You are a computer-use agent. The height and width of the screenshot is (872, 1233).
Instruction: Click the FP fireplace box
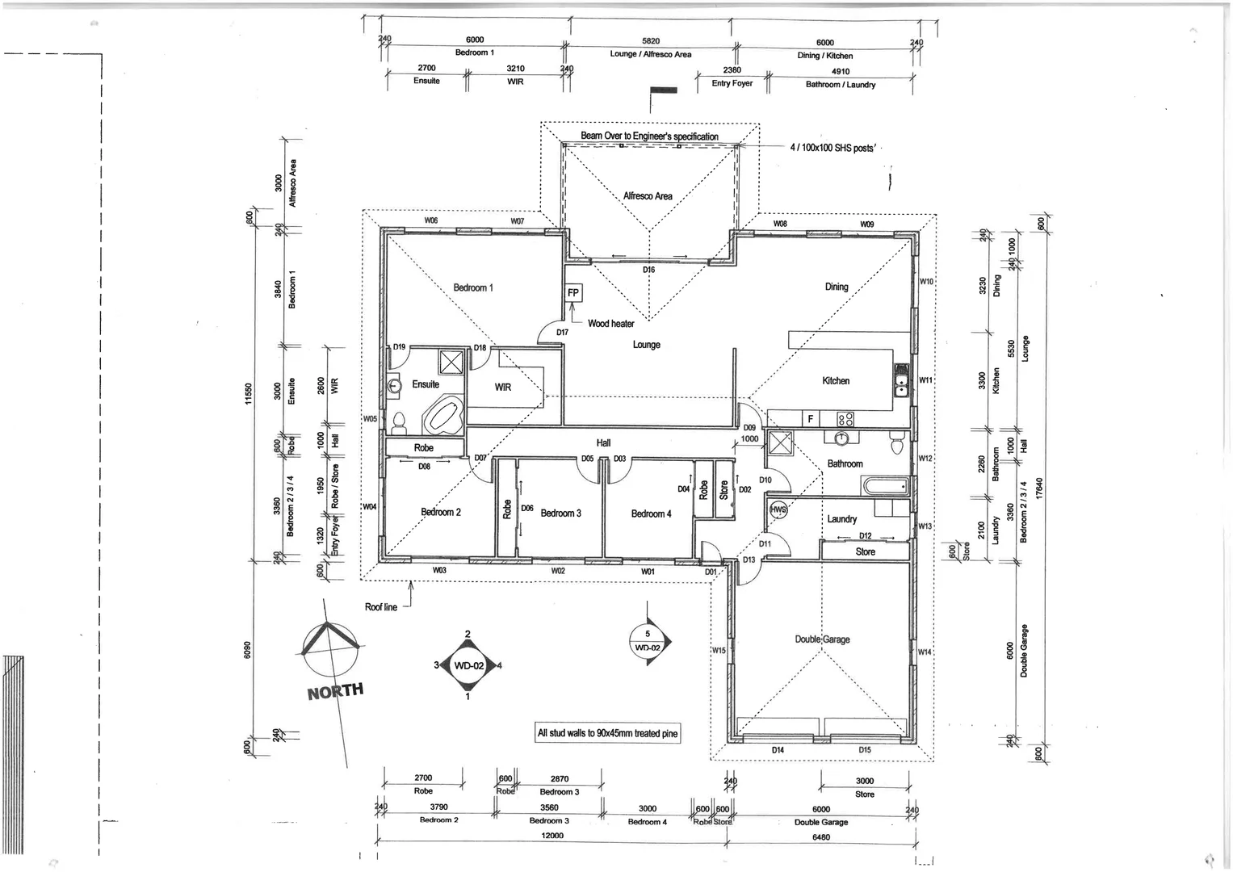573,293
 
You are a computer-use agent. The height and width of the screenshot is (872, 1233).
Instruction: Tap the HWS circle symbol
778,509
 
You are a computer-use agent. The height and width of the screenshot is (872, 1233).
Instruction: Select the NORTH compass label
335,691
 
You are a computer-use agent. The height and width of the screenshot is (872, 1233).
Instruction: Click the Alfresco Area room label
648,196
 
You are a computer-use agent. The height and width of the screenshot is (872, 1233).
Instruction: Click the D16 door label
648,270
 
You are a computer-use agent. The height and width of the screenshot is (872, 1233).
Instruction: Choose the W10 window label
926,282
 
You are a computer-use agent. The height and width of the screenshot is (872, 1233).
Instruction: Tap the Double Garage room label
822,639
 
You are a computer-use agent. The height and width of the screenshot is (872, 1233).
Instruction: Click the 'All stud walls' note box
607,733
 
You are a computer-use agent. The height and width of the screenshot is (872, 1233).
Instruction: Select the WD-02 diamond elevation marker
468,665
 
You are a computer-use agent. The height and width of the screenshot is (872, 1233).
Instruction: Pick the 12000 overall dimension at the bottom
552,836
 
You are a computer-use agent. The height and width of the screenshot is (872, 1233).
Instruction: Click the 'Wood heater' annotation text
610,324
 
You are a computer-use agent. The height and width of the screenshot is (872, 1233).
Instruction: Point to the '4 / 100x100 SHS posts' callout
832,149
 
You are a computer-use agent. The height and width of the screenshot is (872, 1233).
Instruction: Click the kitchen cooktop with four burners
845,419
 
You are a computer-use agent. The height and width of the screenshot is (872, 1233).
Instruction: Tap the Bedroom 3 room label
560,514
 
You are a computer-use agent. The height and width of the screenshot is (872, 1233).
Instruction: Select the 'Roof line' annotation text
381,607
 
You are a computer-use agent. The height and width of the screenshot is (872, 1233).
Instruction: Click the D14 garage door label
778,750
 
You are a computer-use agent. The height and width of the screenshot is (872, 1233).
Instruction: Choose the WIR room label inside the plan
503,388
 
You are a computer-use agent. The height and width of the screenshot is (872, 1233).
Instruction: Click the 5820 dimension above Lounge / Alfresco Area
650,41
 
